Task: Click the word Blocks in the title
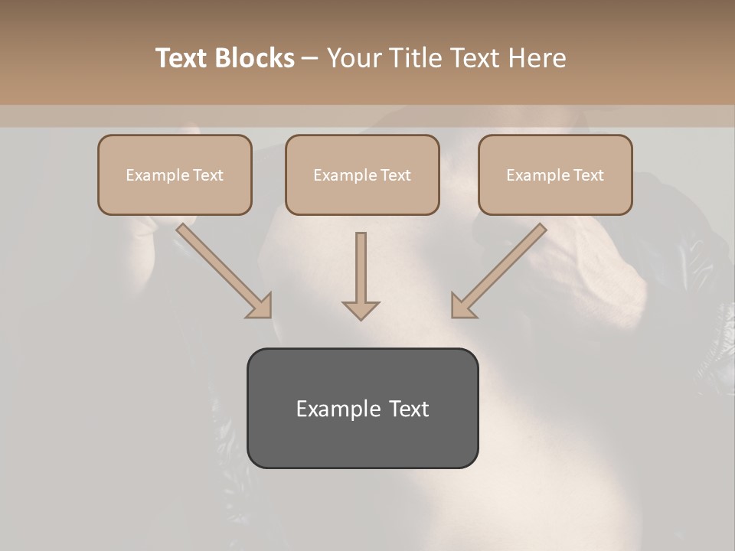[x=255, y=58]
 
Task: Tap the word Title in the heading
[x=416, y=58]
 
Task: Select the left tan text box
[x=175, y=174]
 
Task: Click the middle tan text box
[x=362, y=174]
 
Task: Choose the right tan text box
[x=555, y=174]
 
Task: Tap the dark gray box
[x=362, y=408]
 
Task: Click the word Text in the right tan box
[x=588, y=175]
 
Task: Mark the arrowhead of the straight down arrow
[x=361, y=310]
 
